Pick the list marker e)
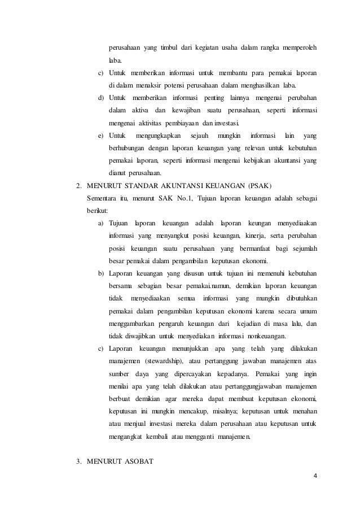point(100,136)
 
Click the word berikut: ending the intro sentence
point(96,211)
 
